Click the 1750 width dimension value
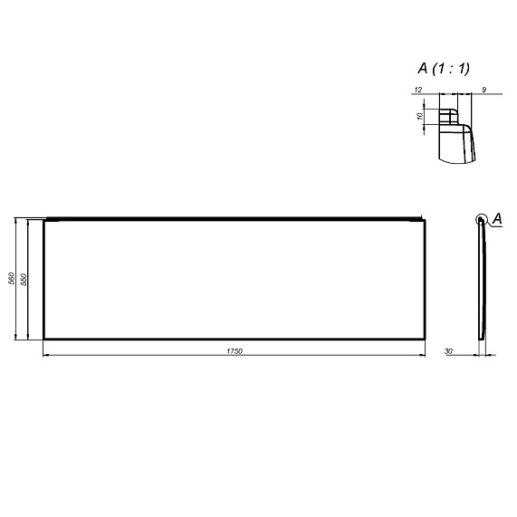pos(235,349)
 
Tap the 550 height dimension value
pos(24,279)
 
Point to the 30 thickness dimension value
pos(449,349)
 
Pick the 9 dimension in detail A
pos(485,89)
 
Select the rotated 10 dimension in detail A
pos(420,117)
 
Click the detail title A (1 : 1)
pos(444,68)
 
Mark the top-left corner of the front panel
pos(44,219)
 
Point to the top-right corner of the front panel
pos(424,219)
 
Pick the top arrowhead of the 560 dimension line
pos(18,220)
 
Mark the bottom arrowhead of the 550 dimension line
pos(30,337)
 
